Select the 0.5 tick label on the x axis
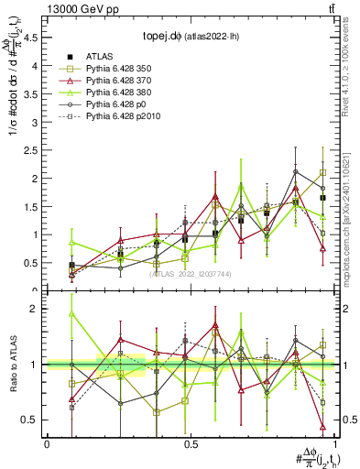[x=191, y=443]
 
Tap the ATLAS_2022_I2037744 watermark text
[x=191, y=274]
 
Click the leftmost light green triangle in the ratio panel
[x=72, y=313]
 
